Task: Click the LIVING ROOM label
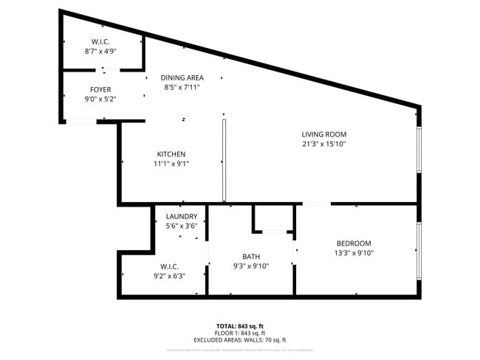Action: pyautogui.click(x=323, y=134)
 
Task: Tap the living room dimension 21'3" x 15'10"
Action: pyautogui.click(x=323, y=144)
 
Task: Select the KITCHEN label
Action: pyautogui.click(x=171, y=154)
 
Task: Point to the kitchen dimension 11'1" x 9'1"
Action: pyautogui.click(x=171, y=164)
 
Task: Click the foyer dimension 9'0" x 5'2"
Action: pyautogui.click(x=100, y=98)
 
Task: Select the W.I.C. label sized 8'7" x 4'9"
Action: pyautogui.click(x=100, y=42)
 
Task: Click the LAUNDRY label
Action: pyautogui.click(x=181, y=216)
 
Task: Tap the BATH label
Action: pyautogui.click(x=252, y=257)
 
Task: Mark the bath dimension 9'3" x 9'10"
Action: pyautogui.click(x=252, y=266)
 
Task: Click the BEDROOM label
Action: pyautogui.click(x=354, y=243)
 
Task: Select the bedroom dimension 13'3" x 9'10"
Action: pyautogui.click(x=354, y=253)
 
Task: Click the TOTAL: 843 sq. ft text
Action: pyautogui.click(x=239, y=325)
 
